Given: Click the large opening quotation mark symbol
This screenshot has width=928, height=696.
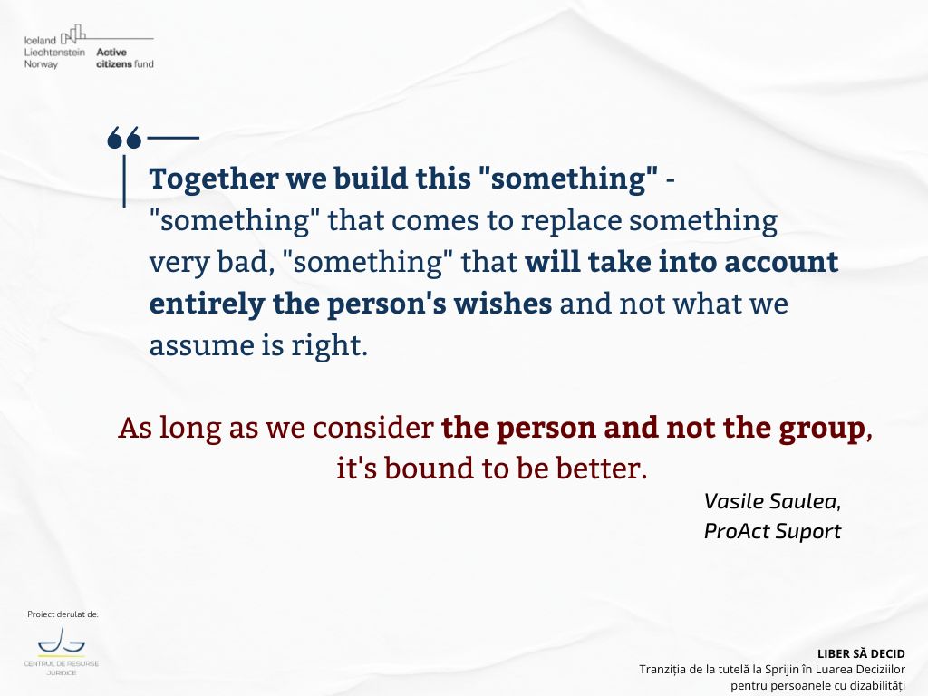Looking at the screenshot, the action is tap(124, 138).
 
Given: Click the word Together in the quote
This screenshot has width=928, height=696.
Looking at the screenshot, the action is tap(214, 179).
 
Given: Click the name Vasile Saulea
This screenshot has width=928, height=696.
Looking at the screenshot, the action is tap(770, 502).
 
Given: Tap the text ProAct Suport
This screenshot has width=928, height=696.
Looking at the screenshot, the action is tap(772, 531).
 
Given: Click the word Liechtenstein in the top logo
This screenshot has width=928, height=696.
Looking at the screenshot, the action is tap(54, 52).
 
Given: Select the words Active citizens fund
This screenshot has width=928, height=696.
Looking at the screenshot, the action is tap(125, 58).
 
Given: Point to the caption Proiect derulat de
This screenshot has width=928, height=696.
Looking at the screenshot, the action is tap(63, 614).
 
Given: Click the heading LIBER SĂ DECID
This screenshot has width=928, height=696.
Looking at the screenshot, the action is tap(861, 654).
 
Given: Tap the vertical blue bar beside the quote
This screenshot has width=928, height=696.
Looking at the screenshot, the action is tap(124, 181).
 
